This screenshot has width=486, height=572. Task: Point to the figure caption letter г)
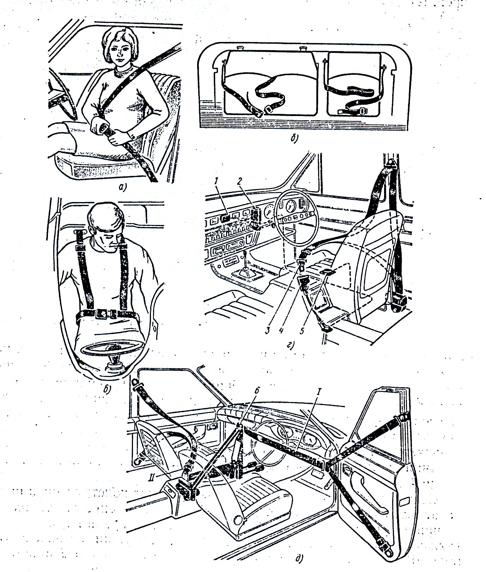click(x=291, y=345)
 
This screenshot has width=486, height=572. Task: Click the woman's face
click(x=121, y=53)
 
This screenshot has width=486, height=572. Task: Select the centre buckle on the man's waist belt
click(x=104, y=313)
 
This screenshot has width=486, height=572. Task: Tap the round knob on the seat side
click(x=239, y=519)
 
